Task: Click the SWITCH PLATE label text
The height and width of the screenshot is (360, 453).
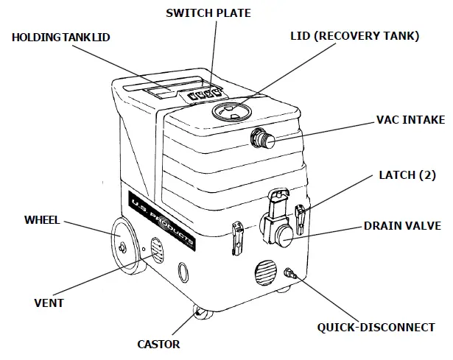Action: pyautogui.click(x=208, y=13)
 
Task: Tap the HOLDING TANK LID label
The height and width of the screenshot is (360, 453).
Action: pyautogui.click(x=60, y=37)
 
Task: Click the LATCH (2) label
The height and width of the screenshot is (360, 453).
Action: pyautogui.click(x=407, y=176)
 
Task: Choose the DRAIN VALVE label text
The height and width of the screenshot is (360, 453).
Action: pyautogui.click(x=402, y=226)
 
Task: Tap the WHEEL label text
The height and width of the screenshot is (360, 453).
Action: pyautogui.click(x=42, y=219)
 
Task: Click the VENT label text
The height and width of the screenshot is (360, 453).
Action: pyautogui.click(x=49, y=303)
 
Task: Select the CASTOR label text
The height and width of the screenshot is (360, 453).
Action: pyautogui.click(x=158, y=344)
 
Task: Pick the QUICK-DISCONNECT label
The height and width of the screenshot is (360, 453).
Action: pyautogui.click(x=376, y=328)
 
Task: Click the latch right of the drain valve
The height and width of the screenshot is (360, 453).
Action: pyautogui.click(x=300, y=216)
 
